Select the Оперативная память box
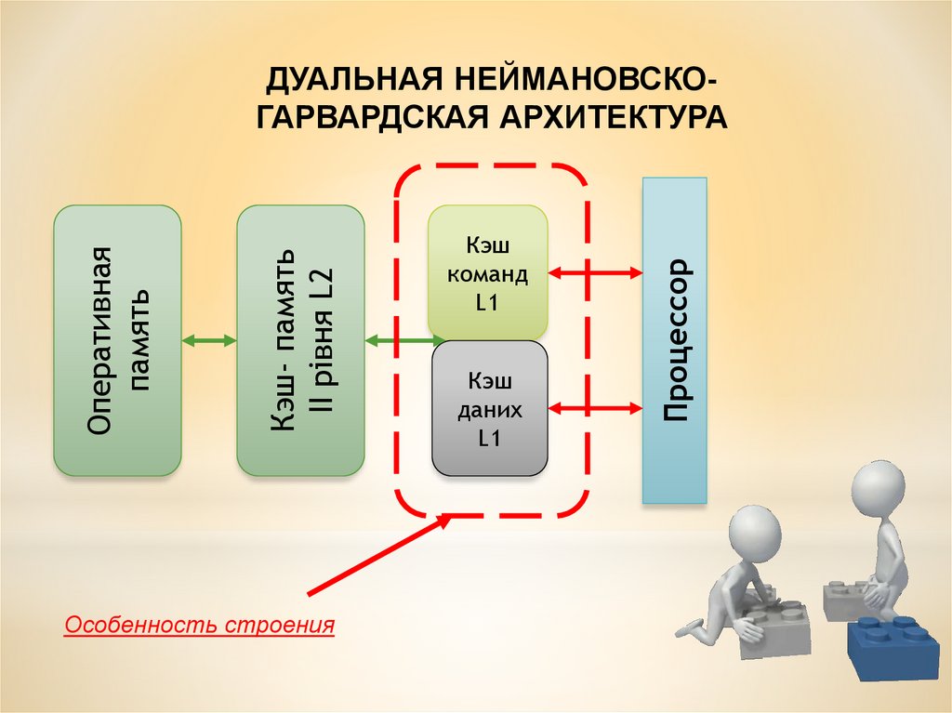pyautogui.click(x=117, y=340)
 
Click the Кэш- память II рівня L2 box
pyautogui.click(x=300, y=340)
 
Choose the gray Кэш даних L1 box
pyautogui.click(x=489, y=408)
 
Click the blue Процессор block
pyautogui.click(x=675, y=340)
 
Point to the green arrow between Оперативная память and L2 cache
pyautogui.click(x=209, y=341)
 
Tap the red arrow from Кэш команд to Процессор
pyautogui.click(x=596, y=272)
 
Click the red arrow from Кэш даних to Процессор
pyautogui.click(x=596, y=407)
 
